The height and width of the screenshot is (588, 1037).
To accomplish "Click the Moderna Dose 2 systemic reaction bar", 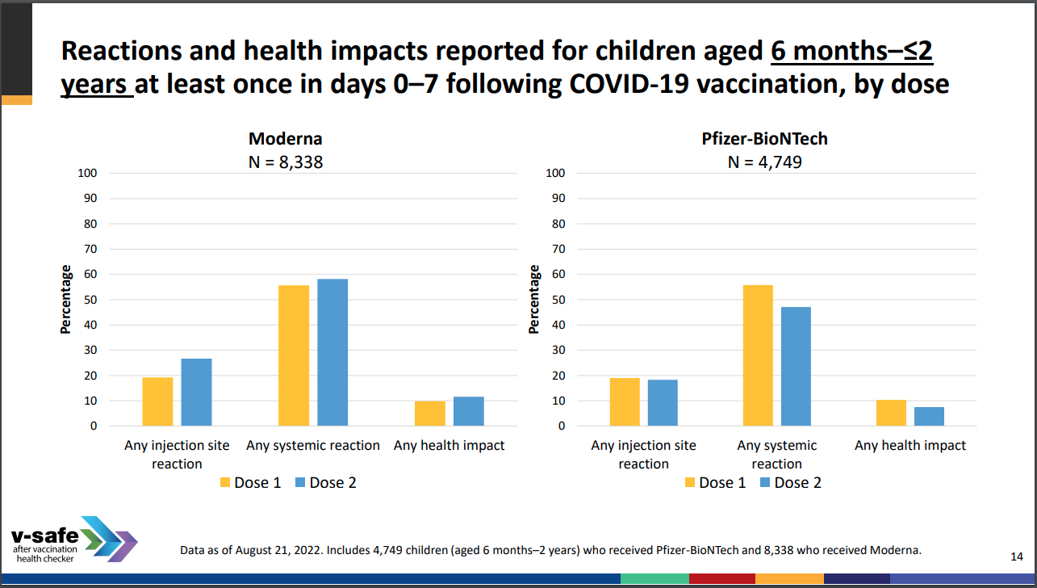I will (332, 352).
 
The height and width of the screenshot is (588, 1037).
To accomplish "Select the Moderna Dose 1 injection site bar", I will (157, 401).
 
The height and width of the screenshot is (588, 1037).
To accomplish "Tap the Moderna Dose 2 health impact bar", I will (469, 411).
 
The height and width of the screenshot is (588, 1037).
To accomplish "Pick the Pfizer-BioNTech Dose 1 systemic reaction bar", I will (758, 355).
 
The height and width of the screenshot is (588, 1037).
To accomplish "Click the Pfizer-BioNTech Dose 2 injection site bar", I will (663, 402).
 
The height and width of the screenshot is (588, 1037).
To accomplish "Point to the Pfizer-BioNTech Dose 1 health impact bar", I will (891, 413).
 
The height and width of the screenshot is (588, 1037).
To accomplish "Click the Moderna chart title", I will (285, 139).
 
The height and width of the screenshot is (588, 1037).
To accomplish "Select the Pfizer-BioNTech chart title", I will (764, 139).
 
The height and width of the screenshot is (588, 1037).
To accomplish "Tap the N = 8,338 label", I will (285, 162).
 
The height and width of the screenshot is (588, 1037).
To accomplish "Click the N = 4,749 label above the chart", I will (764, 162).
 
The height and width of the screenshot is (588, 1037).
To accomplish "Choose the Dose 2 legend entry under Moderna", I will (324, 482).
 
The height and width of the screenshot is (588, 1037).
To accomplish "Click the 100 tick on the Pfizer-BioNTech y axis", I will (555, 173).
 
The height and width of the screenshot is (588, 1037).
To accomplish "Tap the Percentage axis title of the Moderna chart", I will (65, 300).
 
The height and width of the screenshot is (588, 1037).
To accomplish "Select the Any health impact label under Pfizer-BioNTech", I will (909, 445).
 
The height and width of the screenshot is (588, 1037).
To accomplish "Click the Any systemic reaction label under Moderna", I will (313, 445).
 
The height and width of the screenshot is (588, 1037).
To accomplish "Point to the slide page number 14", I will (1017, 556).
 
